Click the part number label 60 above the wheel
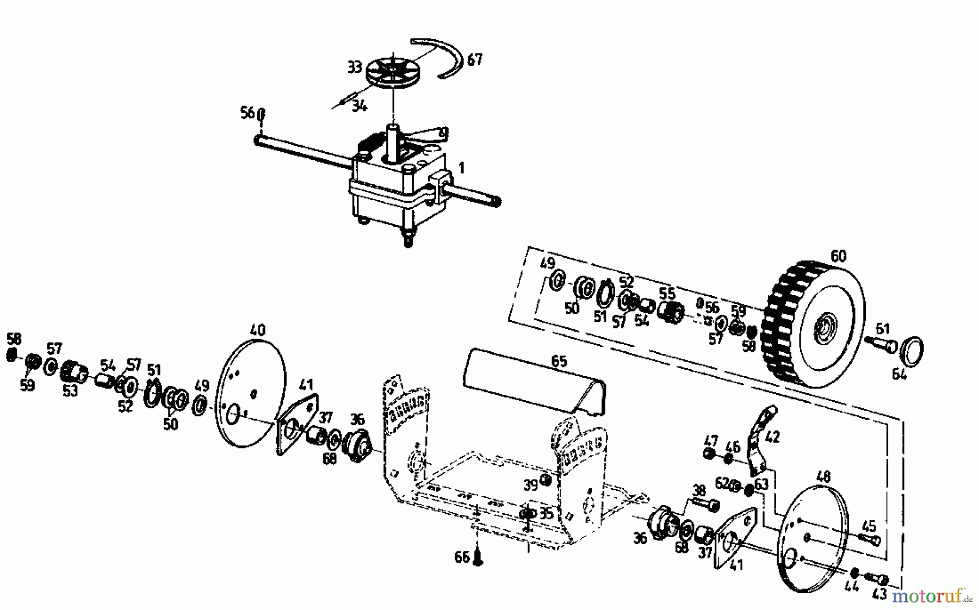point(838,255)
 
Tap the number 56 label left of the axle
point(247,113)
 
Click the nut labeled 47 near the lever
point(709,453)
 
